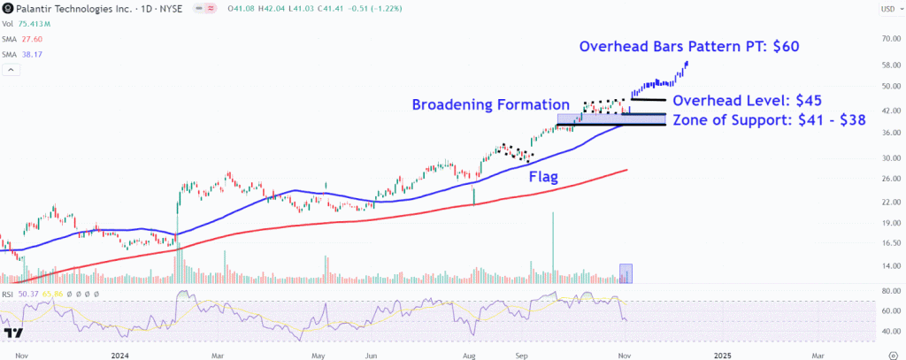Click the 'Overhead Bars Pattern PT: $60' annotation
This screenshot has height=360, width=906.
point(689,47)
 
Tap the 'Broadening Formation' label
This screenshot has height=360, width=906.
point(490,104)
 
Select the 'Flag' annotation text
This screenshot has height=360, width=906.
point(543,177)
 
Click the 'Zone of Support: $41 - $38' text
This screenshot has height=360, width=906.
point(769,119)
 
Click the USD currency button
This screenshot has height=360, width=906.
point(887,9)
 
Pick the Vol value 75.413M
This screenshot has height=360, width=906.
point(36,25)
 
